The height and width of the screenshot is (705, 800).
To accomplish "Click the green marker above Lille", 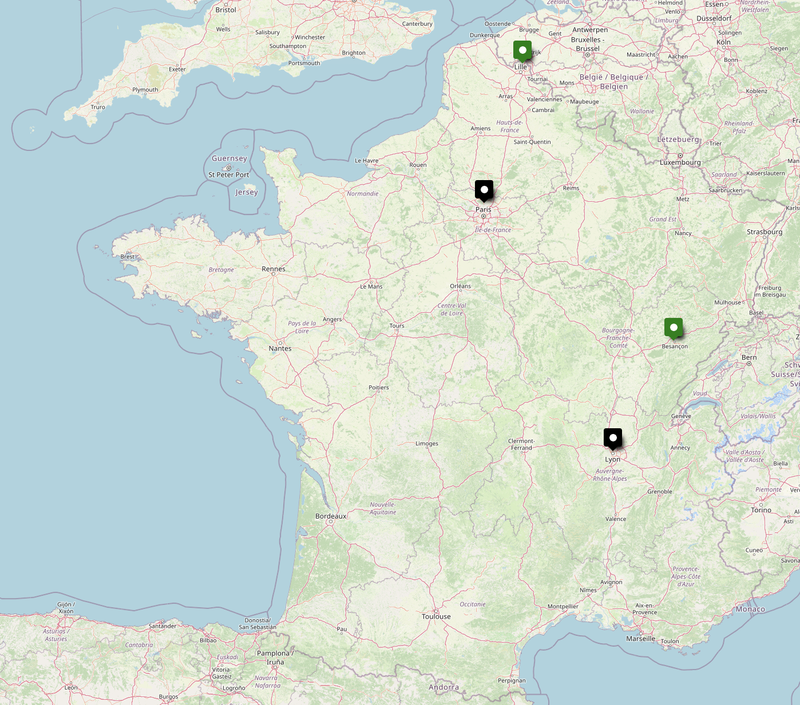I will pos(522,50).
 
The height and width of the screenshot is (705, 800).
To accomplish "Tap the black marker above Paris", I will pos(484,190).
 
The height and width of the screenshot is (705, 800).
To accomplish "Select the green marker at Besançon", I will pos(674,328).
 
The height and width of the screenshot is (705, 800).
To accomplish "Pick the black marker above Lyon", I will pos(613,438).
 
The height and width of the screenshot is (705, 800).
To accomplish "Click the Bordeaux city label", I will pos(331,516).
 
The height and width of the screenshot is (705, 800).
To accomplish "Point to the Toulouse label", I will pos(436,616).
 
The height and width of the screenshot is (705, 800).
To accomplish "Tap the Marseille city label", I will pos(640,639).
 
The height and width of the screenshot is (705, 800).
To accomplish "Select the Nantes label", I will pos(280,348).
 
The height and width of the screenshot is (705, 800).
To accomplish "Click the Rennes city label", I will pos(274,269).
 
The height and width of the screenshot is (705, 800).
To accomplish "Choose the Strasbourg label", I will pos(764,232).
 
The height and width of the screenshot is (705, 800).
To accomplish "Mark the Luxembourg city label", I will pos(680,162).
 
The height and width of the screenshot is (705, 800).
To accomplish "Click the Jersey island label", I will pos(247,192).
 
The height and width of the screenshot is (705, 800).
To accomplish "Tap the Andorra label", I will pos(443,687).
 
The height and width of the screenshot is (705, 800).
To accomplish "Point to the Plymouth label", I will pos(145,90).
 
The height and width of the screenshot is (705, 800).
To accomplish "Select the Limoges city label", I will pos(427,444).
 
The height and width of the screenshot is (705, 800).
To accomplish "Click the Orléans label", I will pos(460,286).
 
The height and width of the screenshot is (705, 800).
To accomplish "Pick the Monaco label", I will pos(750,609).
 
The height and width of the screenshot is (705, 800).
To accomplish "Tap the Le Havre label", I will pos(366,161).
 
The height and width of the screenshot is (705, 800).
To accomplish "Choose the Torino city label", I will pos(761,510).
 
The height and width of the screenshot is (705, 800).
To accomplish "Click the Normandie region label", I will pos(362,194).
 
